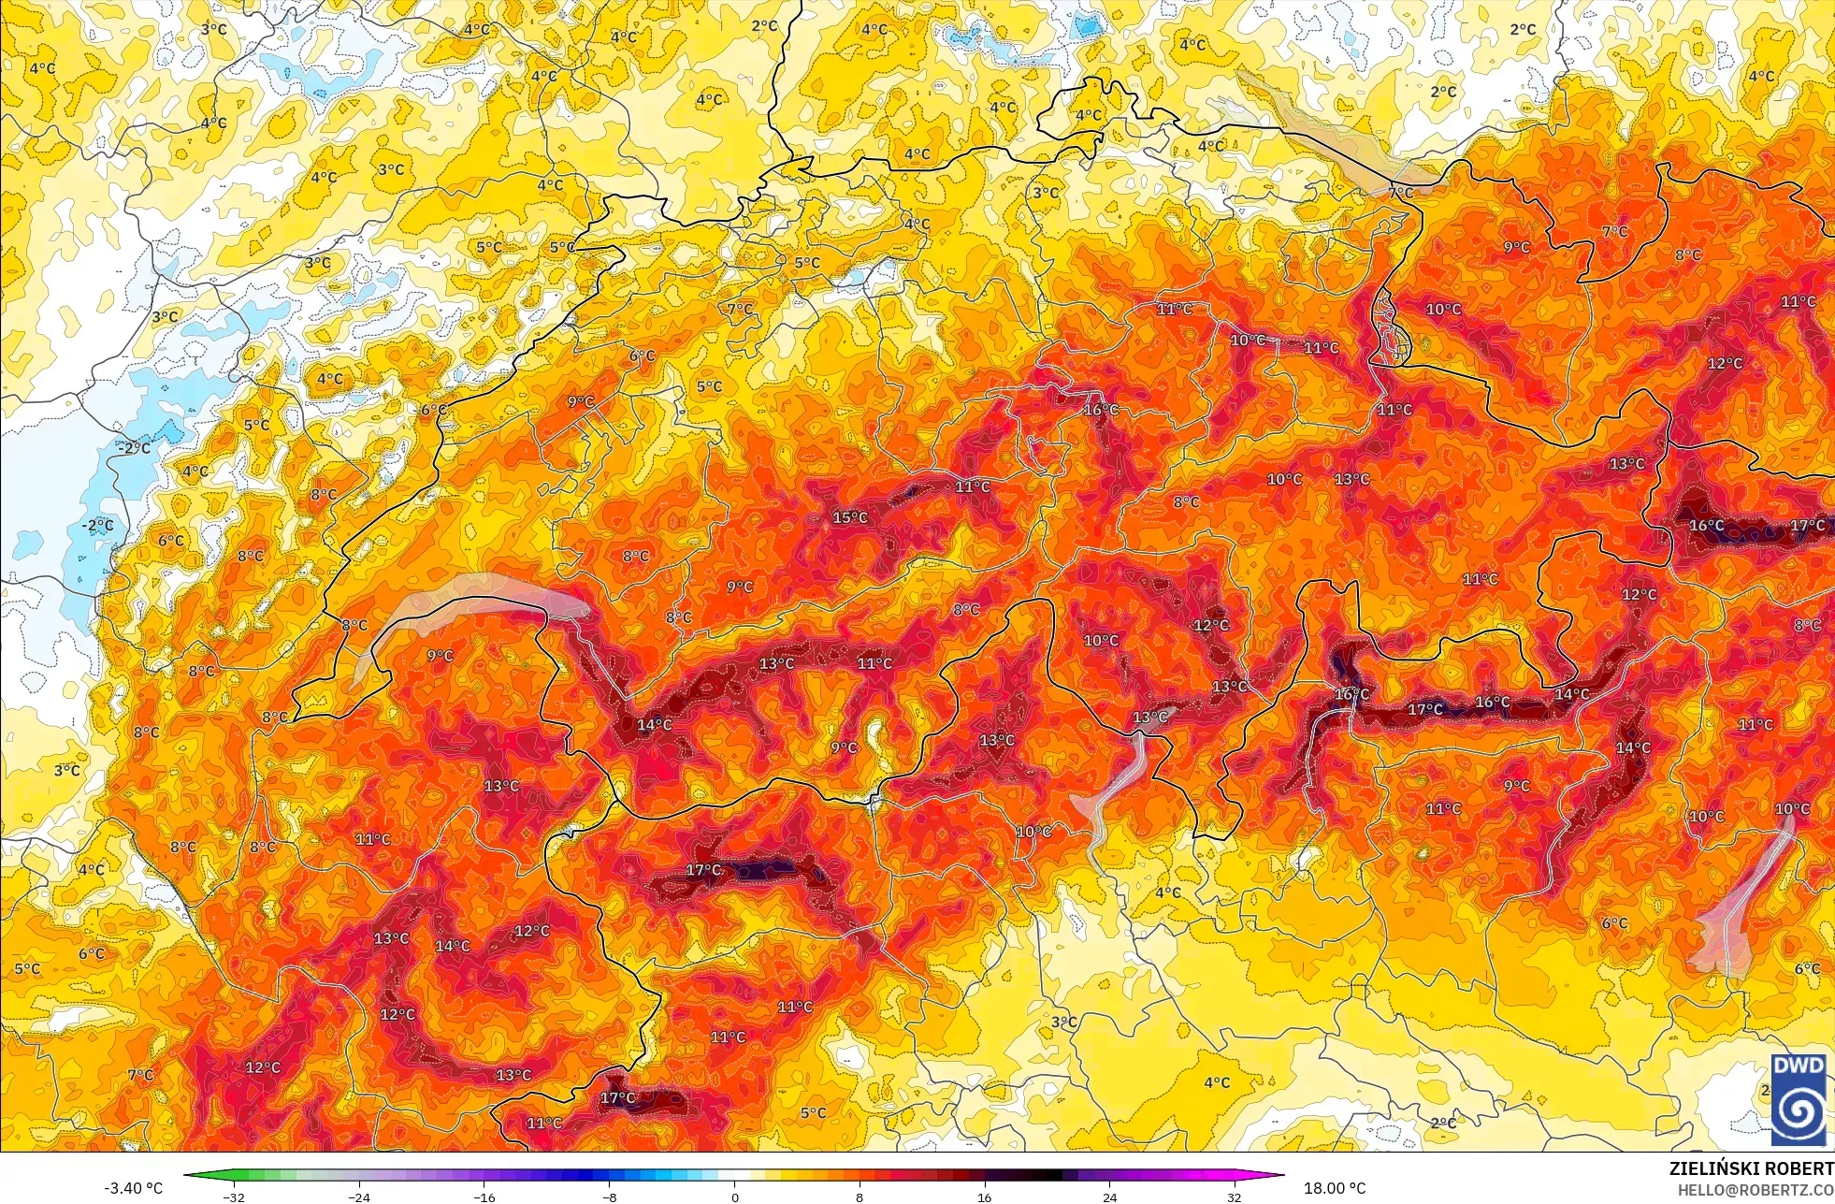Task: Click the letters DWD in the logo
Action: click(1799, 1066)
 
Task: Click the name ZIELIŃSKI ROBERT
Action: click(1751, 1168)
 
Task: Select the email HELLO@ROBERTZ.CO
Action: click(1755, 1190)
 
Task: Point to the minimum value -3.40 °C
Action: click(133, 1188)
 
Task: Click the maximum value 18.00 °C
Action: click(1335, 1188)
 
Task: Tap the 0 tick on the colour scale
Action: click(734, 1197)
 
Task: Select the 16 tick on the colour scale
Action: click(984, 1197)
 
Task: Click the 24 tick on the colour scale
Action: click(1109, 1197)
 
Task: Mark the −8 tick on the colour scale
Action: click(609, 1197)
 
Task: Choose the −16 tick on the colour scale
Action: click(484, 1197)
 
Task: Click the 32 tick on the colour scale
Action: click(1235, 1197)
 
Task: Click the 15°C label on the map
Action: click(850, 517)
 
